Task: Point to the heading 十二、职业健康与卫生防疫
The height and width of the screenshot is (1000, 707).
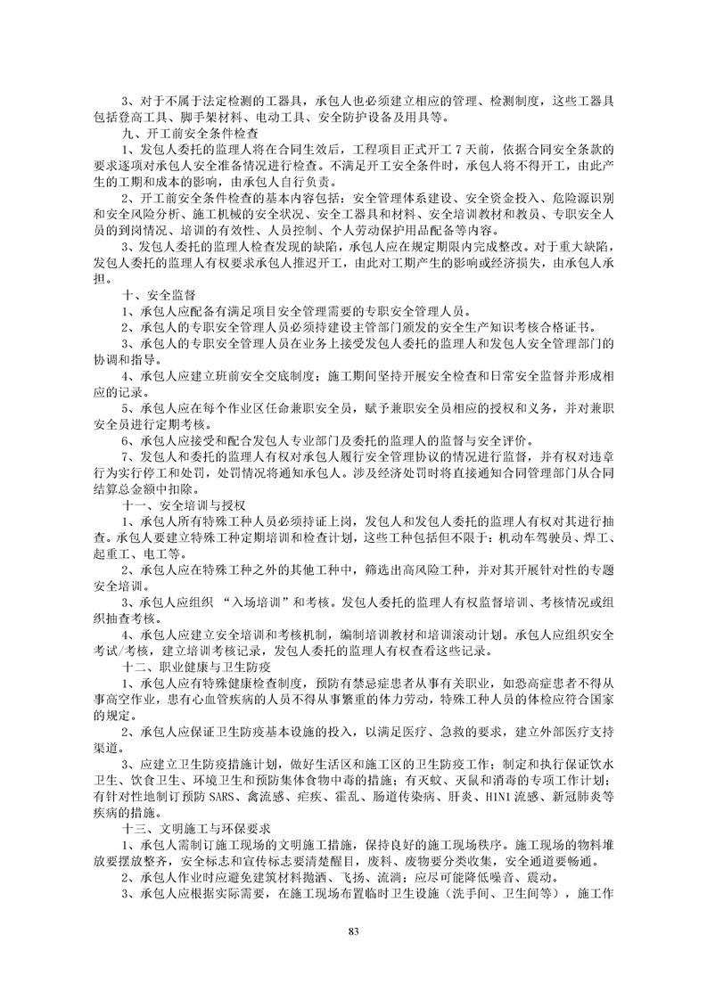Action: pyautogui.click(x=194, y=665)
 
